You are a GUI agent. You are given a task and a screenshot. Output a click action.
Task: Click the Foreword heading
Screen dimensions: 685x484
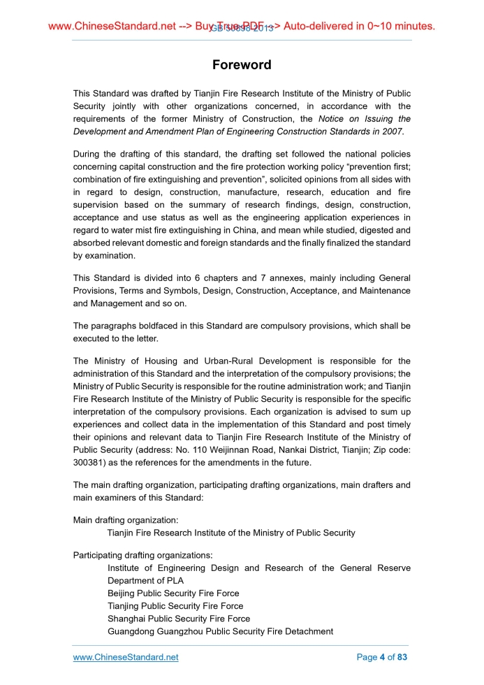click(x=242, y=65)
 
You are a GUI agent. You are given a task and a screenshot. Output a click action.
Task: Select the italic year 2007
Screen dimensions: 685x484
click(x=392, y=131)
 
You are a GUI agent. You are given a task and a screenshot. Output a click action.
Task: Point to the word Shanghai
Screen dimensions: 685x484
click(x=127, y=619)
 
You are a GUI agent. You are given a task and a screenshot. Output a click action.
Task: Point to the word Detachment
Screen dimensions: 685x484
click(x=306, y=631)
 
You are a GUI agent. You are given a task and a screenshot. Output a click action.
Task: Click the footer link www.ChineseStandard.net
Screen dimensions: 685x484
click(x=126, y=657)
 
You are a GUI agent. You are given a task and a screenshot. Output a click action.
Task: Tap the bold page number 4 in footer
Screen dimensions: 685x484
click(x=382, y=657)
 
